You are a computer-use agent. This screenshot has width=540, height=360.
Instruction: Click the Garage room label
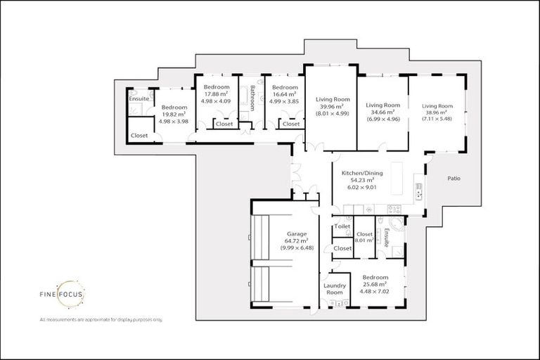click(x=295, y=234)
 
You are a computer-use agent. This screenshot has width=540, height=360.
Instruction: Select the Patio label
click(x=454, y=179)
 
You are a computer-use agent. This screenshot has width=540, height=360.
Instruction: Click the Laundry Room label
click(x=334, y=289)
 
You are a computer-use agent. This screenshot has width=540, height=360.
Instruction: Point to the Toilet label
click(x=342, y=226)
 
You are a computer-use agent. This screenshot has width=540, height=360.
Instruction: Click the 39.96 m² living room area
click(x=332, y=106)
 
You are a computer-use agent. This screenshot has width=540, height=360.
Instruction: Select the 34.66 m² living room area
click(x=382, y=112)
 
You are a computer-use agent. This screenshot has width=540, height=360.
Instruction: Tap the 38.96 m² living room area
click(x=436, y=112)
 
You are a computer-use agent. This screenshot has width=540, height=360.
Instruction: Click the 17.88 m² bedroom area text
click(x=217, y=94)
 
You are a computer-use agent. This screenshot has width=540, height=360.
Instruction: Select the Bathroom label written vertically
click(x=252, y=98)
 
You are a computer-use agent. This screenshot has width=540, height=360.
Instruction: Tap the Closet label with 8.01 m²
click(x=364, y=240)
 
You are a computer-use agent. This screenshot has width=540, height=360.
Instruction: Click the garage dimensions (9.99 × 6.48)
click(x=295, y=248)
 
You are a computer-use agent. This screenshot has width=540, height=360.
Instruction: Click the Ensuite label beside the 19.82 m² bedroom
click(x=139, y=98)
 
